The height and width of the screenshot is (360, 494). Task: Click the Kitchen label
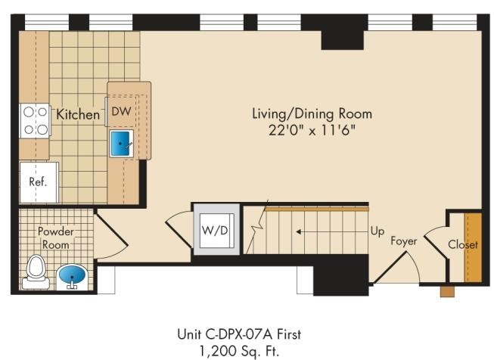click(78, 114)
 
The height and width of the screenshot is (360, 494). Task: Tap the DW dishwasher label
click(121, 111)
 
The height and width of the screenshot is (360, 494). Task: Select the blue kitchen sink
click(121, 143)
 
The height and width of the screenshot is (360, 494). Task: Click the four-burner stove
click(35, 121)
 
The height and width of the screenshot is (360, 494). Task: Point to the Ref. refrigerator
click(39, 182)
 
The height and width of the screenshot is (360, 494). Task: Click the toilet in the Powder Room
click(36, 272)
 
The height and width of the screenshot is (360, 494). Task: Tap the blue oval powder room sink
click(72, 276)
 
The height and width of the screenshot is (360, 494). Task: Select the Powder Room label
click(55, 237)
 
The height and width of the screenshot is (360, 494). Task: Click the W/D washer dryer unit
click(216, 230)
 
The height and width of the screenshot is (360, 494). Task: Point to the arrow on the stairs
click(332, 232)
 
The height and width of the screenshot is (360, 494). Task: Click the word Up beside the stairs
click(377, 231)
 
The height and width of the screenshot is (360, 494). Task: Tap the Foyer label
click(403, 241)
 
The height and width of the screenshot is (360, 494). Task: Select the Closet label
click(463, 244)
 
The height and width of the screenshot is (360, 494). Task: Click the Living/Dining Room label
click(312, 113)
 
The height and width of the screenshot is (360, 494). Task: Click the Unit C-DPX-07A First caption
click(239, 334)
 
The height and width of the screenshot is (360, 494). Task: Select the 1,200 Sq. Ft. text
click(239, 351)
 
